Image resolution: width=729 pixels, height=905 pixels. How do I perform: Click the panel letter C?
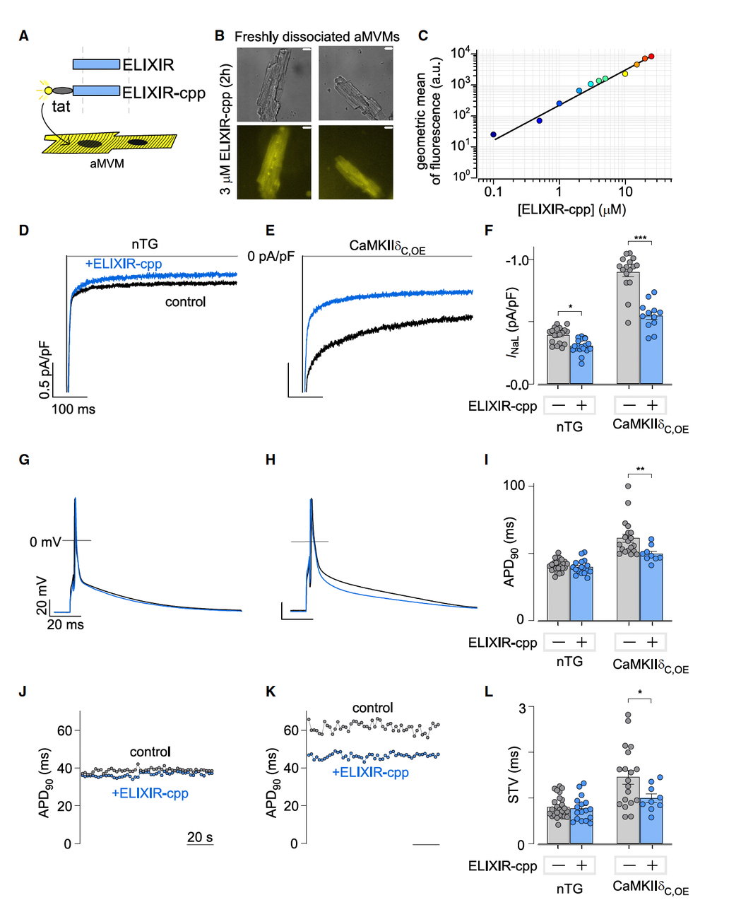423,36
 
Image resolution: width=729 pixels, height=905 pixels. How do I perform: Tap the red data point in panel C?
651,56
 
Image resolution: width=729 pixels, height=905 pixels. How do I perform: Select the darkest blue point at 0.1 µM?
493,134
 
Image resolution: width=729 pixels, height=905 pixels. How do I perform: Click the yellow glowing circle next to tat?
48,90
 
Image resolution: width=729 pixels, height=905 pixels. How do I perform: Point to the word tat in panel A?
61,107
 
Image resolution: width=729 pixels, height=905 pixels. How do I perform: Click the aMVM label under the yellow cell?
107,163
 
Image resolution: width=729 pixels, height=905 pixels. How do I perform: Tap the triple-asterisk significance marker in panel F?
640,238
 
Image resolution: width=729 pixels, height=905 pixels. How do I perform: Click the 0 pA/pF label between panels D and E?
271,256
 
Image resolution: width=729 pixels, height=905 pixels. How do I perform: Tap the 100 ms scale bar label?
73,409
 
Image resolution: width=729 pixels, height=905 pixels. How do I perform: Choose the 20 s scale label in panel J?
200,837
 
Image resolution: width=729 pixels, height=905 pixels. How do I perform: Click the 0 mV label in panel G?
45,542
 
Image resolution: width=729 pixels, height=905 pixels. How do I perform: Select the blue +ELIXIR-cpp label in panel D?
124,264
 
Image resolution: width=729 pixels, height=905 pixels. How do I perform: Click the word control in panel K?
372,708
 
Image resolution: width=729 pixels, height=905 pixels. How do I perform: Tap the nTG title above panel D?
145,244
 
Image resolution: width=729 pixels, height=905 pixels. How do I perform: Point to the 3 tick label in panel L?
521,708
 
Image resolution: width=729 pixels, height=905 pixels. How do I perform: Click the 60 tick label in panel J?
64,730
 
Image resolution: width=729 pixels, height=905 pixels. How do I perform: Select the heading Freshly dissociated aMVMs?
316,37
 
